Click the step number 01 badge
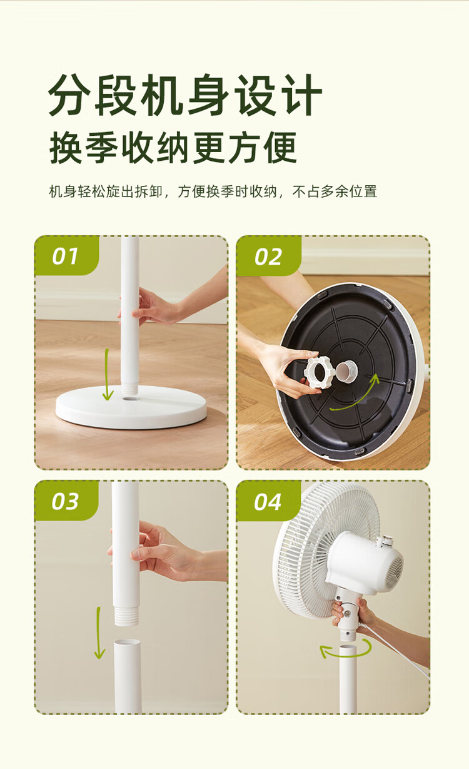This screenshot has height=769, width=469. coord(66,255)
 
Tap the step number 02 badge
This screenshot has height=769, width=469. coord(268,256)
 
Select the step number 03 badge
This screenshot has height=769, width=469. coord(66,501)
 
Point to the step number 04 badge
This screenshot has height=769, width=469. coord(268,501)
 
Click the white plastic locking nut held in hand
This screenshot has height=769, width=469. coord(318,372)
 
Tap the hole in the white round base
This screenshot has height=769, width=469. coord(129,399)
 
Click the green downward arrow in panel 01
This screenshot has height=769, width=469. coord(108,375)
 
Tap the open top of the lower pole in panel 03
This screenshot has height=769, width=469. coord(127,642)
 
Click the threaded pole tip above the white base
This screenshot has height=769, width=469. coord(129,390)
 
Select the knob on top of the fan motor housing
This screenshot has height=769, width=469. coord(384,541)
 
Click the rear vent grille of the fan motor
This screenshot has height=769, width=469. coord(394,573)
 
